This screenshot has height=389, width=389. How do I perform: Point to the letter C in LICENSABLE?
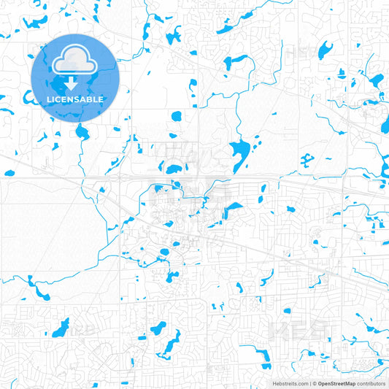point(58,99)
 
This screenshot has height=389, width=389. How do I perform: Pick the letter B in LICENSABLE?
point(92,99)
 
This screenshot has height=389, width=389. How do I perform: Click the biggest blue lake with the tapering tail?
point(239,152)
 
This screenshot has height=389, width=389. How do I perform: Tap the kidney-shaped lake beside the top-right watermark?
point(323,50)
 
